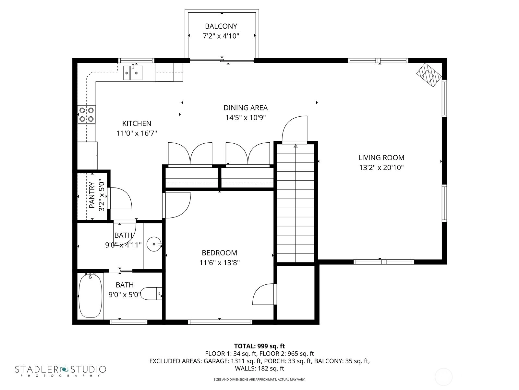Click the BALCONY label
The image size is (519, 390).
pyautogui.click(x=221, y=26)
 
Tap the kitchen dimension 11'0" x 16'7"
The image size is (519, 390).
pyautogui.click(x=137, y=133)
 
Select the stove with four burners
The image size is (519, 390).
pyautogui.click(x=87, y=115)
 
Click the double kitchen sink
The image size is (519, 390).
pyautogui.click(x=133, y=73)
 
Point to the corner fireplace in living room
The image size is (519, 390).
pyautogui.click(x=429, y=75)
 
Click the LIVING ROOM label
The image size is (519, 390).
pyautogui.click(x=381, y=158)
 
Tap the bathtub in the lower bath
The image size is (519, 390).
pyautogui.click(x=90, y=296)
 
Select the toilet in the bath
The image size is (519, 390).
pyautogui.click(x=151, y=294)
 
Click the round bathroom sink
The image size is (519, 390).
pyautogui.click(x=154, y=244)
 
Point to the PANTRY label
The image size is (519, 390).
pyautogui.click(x=92, y=195)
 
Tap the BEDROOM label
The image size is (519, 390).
pyautogui.click(x=219, y=253)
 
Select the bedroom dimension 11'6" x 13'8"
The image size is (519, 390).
pyautogui.click(x=219, y=263)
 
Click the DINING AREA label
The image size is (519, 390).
pyautogui.click(x=246, y=108)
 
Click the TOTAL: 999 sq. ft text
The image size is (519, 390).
pyautogui.click(x=259, y=346)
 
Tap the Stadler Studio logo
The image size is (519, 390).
pyautogui.click(x=61, y=371)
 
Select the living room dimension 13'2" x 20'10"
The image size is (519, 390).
pyautogui.click(x=381, y=168)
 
